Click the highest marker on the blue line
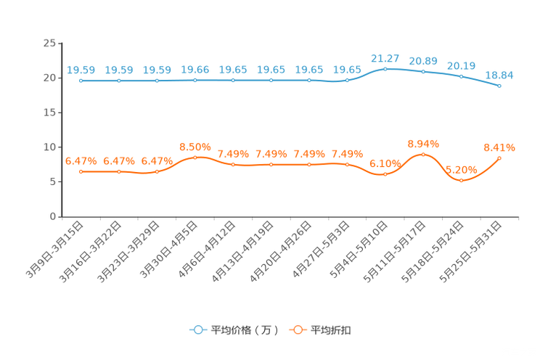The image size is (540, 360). (x=385, y=68)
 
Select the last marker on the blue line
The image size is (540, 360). (x=499, y=86)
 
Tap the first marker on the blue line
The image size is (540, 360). (x=81, y=80)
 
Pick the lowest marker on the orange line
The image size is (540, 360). (x=461, y=180)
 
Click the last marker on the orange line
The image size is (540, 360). (x=499, y=157)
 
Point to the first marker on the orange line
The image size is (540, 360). (x=81, y=171)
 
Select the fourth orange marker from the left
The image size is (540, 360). (x=195, y=157)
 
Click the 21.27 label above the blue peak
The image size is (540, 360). (x=385, y=57)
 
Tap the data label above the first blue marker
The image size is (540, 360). (x=81, y=70)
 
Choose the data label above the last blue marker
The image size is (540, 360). (x=499, y=74)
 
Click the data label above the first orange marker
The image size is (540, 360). (x=81, y=160)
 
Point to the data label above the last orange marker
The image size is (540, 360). (x=499, y=147)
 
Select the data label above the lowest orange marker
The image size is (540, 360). (x=461, y=169)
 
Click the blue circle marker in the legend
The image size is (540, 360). (x=197, y=330)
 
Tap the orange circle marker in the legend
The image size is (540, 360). (x=297, y=330)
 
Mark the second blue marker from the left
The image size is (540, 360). (x=118, y=80)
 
